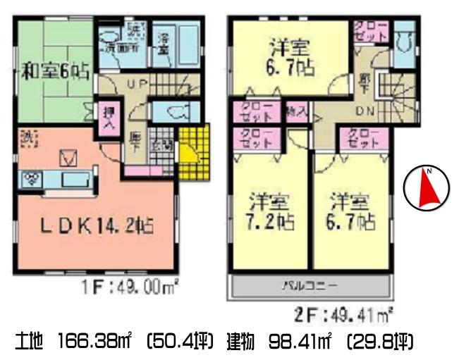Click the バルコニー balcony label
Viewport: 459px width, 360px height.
(x=310, y=286)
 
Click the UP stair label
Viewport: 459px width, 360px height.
(x=136, y=85)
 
